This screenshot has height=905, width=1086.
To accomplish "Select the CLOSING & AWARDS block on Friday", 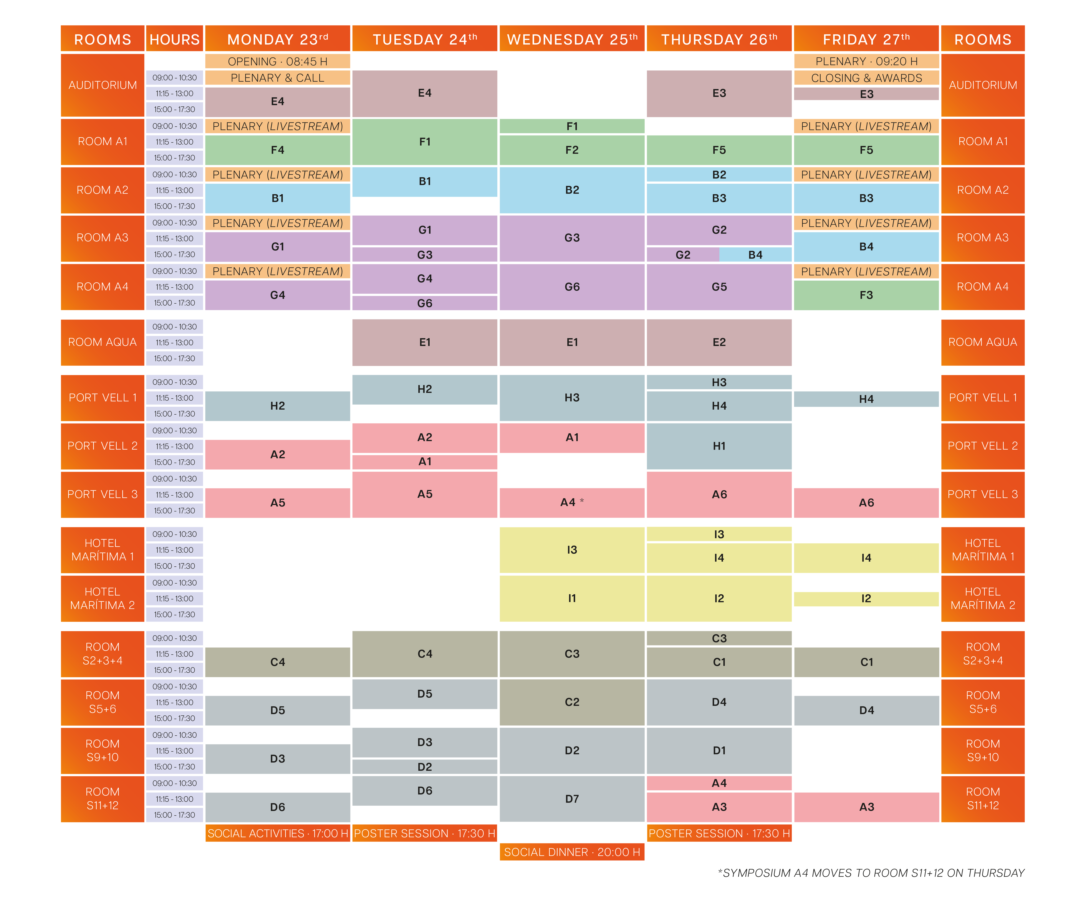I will tap(866, 78).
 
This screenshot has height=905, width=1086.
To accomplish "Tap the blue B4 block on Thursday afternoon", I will tap(755, 255).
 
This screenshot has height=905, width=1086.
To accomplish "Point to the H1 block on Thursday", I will tap(719, 446).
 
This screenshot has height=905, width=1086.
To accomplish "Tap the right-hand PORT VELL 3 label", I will tap(983, 494).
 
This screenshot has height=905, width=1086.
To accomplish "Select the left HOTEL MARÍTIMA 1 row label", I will tap(102, 550).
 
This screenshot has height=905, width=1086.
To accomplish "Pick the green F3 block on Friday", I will tap(866, 295).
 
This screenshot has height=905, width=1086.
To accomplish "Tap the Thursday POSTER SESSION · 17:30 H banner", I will tap(719, 833).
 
